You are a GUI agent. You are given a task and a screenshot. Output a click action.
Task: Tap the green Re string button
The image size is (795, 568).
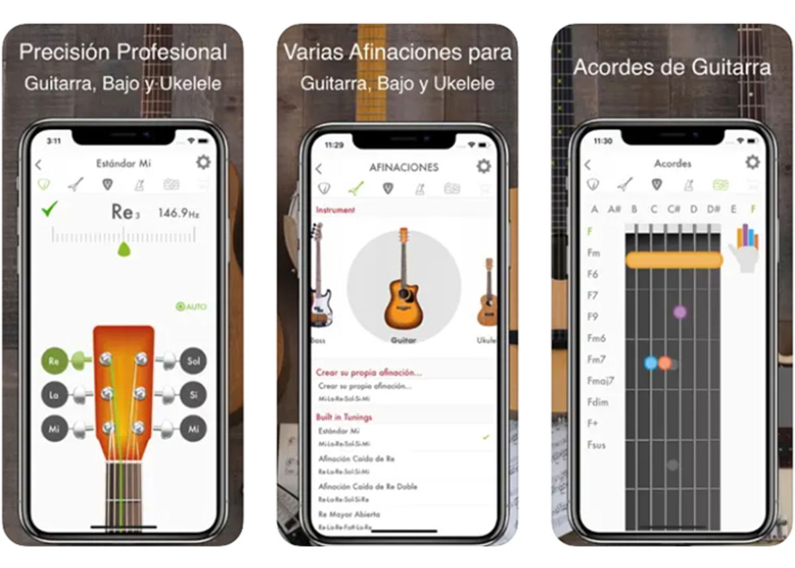tap(54, 362)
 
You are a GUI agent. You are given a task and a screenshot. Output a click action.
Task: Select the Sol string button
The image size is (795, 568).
tap(193, 362)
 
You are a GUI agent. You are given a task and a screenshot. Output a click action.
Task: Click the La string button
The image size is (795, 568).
tap(54, 396)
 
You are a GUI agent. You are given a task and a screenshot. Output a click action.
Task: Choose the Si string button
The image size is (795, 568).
tap(193, 396)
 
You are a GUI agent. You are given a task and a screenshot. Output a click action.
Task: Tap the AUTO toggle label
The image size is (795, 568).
tap(191, 307)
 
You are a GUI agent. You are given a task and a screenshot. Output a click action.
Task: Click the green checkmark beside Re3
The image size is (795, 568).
tap(49, 211)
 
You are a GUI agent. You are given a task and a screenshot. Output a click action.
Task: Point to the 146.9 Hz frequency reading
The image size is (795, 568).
tap(178, 213)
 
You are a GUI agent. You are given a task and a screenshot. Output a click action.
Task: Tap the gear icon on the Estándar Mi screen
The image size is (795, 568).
tap(203, 162)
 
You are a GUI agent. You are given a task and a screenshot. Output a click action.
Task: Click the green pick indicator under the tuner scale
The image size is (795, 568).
tap(123, 249)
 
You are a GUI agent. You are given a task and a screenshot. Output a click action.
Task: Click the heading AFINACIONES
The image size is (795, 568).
tap(403, 168)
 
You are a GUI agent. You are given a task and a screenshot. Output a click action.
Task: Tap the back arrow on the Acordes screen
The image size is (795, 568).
tap(588, 164)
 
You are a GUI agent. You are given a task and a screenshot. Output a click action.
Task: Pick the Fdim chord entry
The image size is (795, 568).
tap(598, 402)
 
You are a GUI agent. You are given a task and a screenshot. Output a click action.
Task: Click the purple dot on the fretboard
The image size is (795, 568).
tap(680, 312)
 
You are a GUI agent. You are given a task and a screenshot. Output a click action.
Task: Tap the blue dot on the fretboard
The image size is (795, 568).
tap(651, 363)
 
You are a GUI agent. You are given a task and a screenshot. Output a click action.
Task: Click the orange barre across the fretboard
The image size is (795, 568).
tap(674, 260)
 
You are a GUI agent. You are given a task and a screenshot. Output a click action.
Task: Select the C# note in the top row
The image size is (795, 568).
tap(674, 209)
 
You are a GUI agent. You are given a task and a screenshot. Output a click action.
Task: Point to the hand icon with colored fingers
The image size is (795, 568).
tap(745, 247)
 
